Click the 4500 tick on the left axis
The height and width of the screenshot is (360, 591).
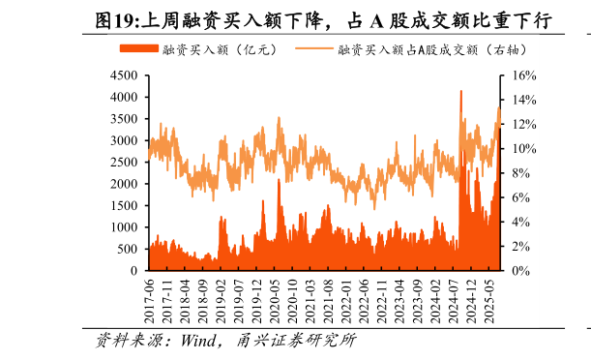coord(122,75)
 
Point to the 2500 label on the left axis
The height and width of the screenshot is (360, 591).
coord(122,163)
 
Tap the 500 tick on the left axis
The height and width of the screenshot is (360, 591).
coord(126,250)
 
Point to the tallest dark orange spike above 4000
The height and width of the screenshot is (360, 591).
coord(460,93)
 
